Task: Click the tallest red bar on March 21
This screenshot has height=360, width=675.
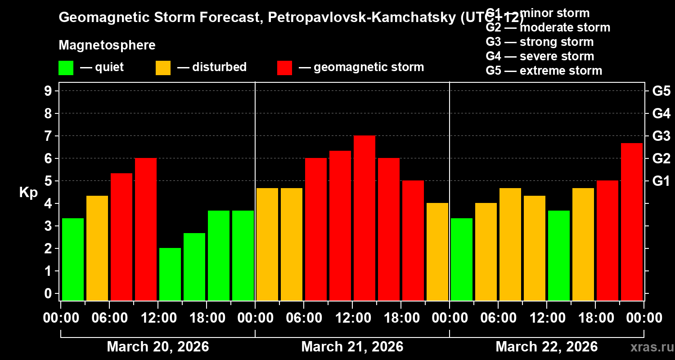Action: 364,218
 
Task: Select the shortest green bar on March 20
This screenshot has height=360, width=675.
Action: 170,274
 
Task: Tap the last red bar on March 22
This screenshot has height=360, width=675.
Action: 632,221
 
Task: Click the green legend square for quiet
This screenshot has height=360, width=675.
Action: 66,68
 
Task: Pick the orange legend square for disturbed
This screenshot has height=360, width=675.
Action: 163,68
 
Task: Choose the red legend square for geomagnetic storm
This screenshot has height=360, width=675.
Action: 285,68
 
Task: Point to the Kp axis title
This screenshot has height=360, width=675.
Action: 28,192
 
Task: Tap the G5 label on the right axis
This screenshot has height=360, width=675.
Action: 661,91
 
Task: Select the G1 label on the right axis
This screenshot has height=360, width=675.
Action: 661,181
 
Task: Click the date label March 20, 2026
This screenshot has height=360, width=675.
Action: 158,347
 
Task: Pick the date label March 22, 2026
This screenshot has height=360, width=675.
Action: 547,347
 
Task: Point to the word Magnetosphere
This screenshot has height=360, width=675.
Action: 107,45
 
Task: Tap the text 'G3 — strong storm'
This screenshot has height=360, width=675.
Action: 540,42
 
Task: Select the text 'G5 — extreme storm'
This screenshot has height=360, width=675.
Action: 544,71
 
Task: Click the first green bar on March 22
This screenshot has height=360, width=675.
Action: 462,259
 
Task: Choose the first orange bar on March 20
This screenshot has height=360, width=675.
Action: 97,248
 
